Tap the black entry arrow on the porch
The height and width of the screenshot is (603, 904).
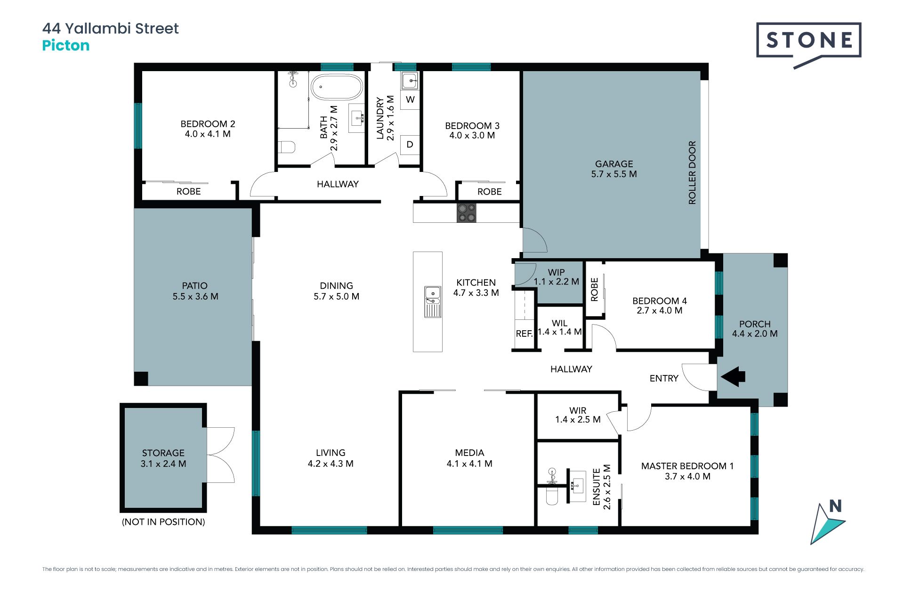coord(733,376)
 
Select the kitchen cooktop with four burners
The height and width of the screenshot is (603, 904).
coord(466,213)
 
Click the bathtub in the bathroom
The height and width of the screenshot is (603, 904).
coord(337,87)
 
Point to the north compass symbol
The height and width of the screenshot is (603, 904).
coord(827,522)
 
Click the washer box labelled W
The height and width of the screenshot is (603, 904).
coord(410,99)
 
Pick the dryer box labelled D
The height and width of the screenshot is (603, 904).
coord(410,145)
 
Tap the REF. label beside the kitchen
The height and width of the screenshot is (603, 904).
coord(524,334)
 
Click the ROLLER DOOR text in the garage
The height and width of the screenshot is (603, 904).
coord(692,172)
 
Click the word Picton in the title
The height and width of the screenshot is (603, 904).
coord(66,46)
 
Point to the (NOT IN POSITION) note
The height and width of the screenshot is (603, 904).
coord(163,522)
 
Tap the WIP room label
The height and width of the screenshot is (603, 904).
coord(556,272)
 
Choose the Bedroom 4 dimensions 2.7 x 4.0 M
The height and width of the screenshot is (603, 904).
coord(659,310)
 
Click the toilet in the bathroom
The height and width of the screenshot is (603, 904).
coord(286,147)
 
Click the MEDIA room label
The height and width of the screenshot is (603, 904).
coord(469,453)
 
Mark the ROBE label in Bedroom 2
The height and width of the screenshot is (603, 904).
coord(188,192)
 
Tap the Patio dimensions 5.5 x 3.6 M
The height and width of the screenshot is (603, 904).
coord(195,296)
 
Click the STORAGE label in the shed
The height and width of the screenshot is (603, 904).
coord(163,453)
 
